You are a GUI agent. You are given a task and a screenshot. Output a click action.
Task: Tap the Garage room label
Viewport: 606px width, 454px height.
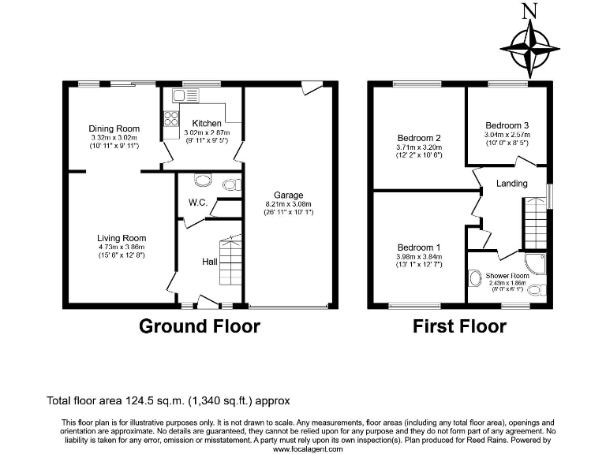tap(288, 195)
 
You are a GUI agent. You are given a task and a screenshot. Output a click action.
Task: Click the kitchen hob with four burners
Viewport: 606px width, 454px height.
tap(170, 119)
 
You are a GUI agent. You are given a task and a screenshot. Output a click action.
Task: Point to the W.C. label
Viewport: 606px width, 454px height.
tap(197, 203)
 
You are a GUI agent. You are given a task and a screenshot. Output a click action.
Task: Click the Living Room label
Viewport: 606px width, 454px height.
tap(122, 238)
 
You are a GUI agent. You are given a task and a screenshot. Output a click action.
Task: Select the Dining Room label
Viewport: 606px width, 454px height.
tap(114, 128)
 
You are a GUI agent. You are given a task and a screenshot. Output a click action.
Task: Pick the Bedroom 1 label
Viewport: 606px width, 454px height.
tap(419, 247)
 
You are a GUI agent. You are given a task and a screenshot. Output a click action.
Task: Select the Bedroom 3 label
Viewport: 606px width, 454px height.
tap(507, 125)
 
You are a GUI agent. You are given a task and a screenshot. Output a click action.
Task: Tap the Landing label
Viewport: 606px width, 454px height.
tap(512, 184)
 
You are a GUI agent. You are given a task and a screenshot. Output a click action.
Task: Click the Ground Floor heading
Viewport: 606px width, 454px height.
tap(200, 326)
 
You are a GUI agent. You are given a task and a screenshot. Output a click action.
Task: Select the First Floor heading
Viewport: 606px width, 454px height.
tap(459, 326)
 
